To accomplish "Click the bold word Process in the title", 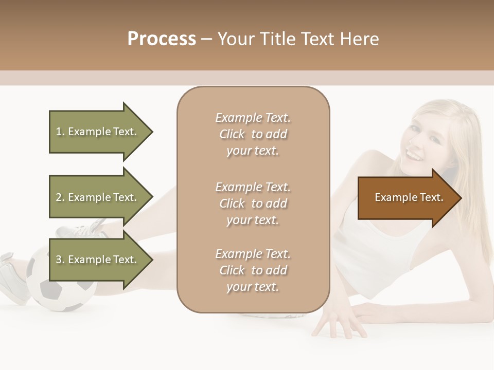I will click(162, 39).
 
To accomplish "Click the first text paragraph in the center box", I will click(253, 134).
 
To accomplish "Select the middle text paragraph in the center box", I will click(253, 203).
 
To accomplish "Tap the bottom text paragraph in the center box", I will click(253, 270).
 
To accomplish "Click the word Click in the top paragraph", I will click(232, 134).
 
